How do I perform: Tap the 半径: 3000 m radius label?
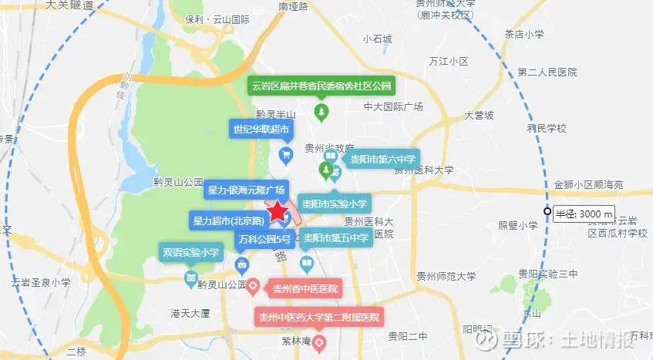click(x=584, y=213)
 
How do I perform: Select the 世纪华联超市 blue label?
click(x=262, y=129)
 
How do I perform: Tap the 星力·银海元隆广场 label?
click(x=247, y=190)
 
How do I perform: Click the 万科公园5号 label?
click(x=265, y=238)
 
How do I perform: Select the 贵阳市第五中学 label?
click(x=335, y=237)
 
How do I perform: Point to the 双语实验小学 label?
click(x=190, y=251)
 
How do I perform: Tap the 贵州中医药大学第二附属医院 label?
click(x=319, y=317)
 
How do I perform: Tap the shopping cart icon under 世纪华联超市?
click(x=286, y=156)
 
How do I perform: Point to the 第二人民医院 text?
click(x=547, y=72)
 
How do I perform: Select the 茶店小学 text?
click(x=525, y=34)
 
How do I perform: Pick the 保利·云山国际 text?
click(x=217, y=21)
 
